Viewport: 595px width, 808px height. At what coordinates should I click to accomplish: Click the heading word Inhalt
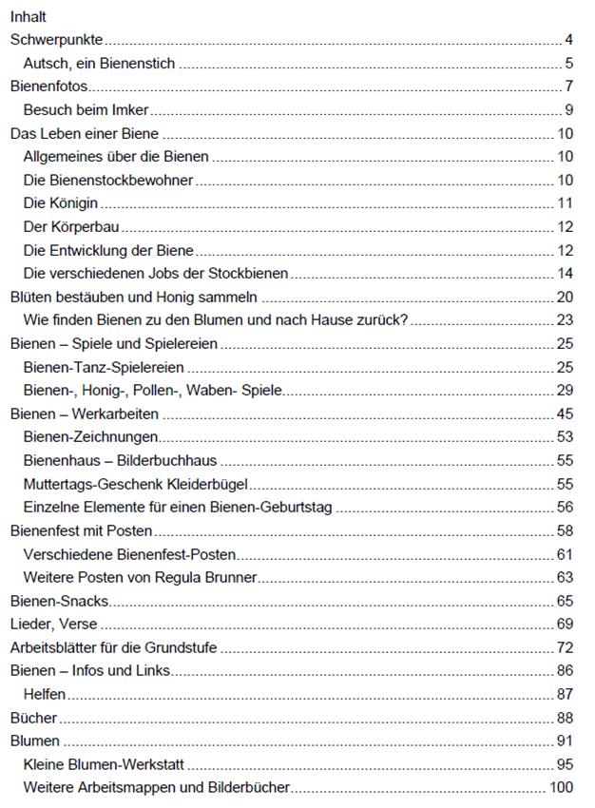coord(28,16)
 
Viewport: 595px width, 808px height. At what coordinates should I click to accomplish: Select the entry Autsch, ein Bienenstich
coord(100,65)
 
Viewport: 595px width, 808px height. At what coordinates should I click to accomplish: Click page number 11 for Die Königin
coord(564,203)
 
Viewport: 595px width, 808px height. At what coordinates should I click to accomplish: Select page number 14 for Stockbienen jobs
coord(564,274)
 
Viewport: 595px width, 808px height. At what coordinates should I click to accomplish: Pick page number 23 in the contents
coord(564,319)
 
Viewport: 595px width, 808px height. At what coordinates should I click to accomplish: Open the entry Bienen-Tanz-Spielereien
coord(104,367)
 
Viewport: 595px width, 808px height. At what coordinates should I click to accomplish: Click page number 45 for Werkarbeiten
coord(564,414)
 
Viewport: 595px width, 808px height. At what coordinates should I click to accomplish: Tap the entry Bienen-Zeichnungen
coord(90,437)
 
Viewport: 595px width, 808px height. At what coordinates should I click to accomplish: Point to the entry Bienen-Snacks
coord(59,601)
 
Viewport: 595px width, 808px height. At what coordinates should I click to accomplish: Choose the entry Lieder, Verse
coord(53,625)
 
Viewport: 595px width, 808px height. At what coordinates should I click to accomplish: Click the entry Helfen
coord(44,695)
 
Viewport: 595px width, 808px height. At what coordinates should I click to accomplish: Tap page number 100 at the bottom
coord(560,788)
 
